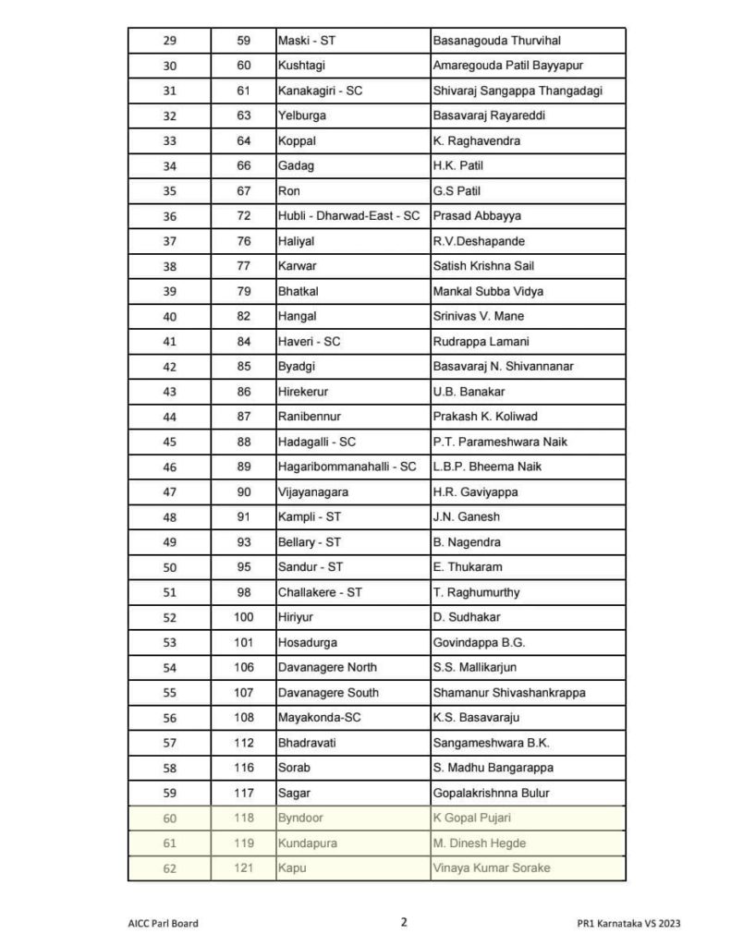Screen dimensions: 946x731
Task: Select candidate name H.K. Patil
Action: click(x=458, y=165)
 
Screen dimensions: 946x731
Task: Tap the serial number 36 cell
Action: click(x=169, y=216)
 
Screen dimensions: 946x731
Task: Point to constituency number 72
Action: click(x=244, y=216)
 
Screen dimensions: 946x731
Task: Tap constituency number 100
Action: click(x=244, y=617)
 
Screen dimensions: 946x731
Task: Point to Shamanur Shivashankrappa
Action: click(x=509, y=692)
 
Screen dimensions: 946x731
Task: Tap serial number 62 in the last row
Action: click(x=169, y=867)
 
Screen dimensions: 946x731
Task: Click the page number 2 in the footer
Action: click(x=404, y=921)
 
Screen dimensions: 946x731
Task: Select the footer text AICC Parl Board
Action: click(x=164, y=922)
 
